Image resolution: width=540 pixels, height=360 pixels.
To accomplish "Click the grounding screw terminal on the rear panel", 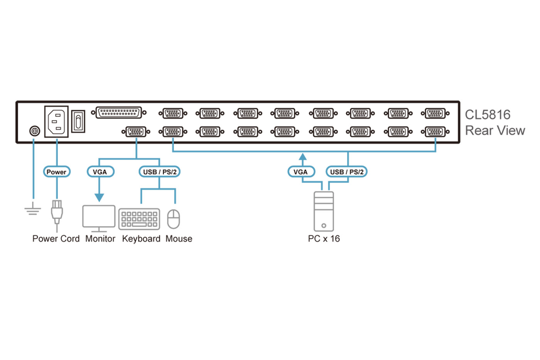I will pyautogui.click(x=35, y=131).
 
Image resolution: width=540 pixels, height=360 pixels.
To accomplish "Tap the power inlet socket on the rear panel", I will pyautogui.click(x=56, y=122).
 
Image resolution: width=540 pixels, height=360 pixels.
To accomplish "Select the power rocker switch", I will pyautogui.click(x=78, y=122).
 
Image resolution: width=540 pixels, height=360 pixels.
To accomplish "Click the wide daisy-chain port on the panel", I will pyautogui.click(x=119, y=113).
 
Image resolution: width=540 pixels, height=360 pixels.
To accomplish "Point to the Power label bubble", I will pyautogui.click(x=57, y=172).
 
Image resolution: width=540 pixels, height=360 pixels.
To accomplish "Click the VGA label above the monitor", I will pyautogui.click(x=100, y=172).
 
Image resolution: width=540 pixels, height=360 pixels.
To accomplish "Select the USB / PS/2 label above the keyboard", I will pyautogui.click(x=159, y=172).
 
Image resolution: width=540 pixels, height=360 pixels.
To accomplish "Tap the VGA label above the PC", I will pyautogui.click(x=301, y=172).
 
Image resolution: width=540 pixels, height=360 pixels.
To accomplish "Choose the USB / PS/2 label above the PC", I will pyautogui.click(x=346, y=172).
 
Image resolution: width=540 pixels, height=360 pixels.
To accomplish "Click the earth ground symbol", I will pyautogui.click(x=33, y=210).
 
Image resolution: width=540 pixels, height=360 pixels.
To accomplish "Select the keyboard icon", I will pyautogui.click(x=139, y=219).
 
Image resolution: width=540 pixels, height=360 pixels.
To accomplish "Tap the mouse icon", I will pyautogui.click(x=174, y=219).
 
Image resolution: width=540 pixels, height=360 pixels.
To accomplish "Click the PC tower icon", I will pyautogui.click(x=324, y=211).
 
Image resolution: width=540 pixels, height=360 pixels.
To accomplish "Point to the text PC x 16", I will pyautogui.click(x=324, y=239).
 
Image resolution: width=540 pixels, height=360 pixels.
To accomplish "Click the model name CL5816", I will pyautogui.click(x=488, y=115).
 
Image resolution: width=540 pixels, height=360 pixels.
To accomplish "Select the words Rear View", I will pyautogui.click(x=495, y=130).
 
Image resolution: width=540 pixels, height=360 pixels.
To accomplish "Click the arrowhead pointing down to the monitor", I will pyautogui.click(x=100, y=198).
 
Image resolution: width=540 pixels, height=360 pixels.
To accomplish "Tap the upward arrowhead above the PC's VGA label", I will pyautogui.click(x=303, y=157).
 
